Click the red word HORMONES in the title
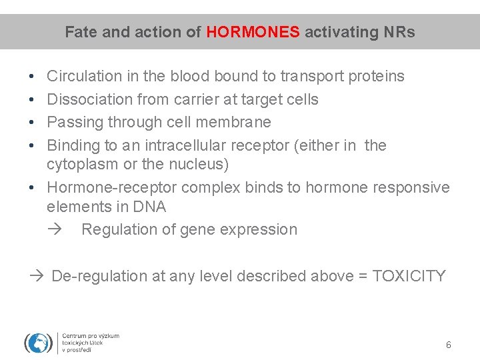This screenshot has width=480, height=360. tap(253, 32)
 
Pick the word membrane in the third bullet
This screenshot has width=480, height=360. tap(239, 122)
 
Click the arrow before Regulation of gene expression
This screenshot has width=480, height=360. tap(55, 229)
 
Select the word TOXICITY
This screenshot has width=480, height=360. tap(409, 276)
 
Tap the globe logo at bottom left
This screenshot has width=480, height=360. tap(38, 343)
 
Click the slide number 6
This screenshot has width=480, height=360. tap(448, 345)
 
